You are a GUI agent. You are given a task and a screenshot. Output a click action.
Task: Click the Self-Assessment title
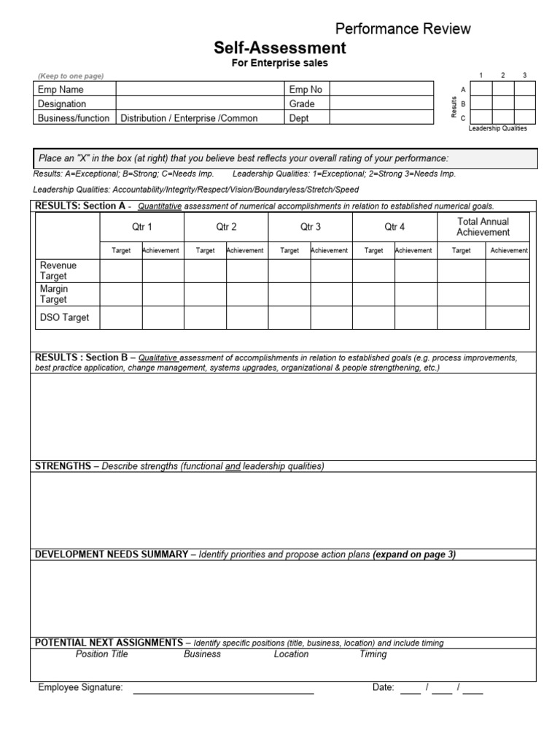click(x=279, y=48)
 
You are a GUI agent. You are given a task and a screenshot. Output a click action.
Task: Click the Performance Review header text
click(x=402, y=28)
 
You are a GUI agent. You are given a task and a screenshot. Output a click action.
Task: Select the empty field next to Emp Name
click(x=200, y=89)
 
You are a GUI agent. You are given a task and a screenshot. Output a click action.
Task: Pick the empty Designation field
click(x=200, y=104)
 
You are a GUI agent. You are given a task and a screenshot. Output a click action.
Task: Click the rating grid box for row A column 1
click(x=481, y=89)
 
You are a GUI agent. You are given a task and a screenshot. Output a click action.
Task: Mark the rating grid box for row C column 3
click(x=525, y=117)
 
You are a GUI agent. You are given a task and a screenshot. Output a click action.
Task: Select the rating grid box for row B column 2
click(x=503, y=104)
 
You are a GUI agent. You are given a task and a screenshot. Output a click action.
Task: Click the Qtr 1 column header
click(x=143, y=227)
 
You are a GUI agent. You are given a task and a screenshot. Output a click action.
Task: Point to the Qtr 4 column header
click(x=394, y=227)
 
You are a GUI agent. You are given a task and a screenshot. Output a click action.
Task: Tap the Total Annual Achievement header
click(x=483, y=227)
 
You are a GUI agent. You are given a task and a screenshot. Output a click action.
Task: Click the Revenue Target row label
click(x=58, y=271)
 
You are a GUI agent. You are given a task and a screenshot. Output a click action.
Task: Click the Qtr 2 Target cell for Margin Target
click(x=205, y=294)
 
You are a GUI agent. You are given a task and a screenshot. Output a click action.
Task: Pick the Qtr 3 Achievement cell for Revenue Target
click(x=331, y=271)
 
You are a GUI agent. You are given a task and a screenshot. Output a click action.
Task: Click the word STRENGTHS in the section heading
click(x=63, y=466)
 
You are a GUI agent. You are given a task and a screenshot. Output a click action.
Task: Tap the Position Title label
click(x=101, y=654)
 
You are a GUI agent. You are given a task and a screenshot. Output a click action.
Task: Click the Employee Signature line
click(x=222, y=688)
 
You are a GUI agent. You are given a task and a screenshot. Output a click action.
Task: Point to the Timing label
click(x=373, y=654)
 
